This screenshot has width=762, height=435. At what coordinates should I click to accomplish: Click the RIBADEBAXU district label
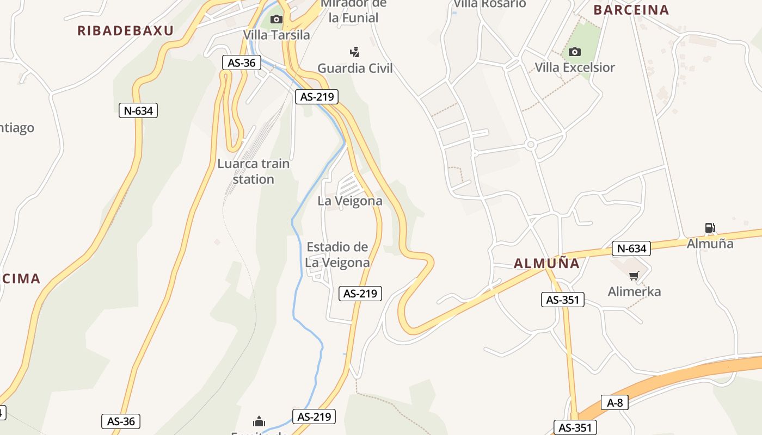tap(125, 30)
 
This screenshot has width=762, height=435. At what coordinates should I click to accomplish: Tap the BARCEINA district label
tap(631, 10)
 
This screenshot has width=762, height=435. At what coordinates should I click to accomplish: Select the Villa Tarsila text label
tap(276, 35)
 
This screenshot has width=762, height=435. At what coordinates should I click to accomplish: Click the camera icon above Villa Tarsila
tap(276, 20)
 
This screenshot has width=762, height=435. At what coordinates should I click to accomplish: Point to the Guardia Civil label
tap(355, 68)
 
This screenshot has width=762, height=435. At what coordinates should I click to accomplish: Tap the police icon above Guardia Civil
tap(354, 52)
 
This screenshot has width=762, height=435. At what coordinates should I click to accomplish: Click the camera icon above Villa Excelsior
tap(574, 52)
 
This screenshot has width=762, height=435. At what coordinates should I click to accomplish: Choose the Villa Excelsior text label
tap(575, 67)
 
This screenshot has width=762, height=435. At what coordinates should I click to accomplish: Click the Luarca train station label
tap(254, 171)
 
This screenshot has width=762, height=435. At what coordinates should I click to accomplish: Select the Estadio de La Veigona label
tap(337, 254)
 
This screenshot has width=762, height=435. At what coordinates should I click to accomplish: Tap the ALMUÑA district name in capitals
tap(546, 264)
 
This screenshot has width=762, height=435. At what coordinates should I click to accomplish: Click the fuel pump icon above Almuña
tap(710, 228)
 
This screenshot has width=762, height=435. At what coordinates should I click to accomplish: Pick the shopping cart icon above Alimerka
tap(634, 276)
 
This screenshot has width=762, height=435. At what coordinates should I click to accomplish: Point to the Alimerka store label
tap(634, 291)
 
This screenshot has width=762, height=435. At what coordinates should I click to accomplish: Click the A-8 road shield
tap(615, 402)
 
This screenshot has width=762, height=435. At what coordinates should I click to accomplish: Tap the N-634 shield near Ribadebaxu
tap(138, 111)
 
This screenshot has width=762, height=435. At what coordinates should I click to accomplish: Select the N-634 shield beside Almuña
tap(631, 248)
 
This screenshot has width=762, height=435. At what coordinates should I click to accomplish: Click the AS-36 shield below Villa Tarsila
tap(242, 63)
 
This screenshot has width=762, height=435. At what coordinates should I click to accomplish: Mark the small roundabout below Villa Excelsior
tap(531, 145)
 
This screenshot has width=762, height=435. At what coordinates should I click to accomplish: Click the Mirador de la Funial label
tap(353, 11)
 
